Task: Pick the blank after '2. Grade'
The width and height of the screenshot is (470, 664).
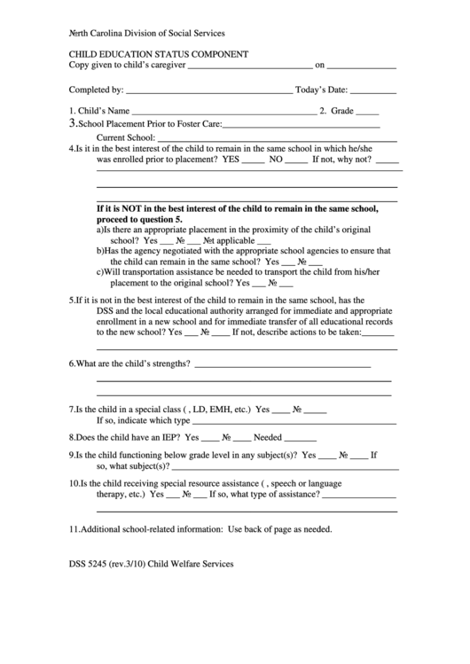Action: pyautogui.click(x=368, y=112)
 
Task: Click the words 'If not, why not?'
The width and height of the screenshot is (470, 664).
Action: pyautogui.click(x=342, y=160)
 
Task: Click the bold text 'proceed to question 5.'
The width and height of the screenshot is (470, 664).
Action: pyautogui.click(x=139, y=218)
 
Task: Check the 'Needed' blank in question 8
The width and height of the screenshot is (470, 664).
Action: pyautogui.click(x=301, y=438)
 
